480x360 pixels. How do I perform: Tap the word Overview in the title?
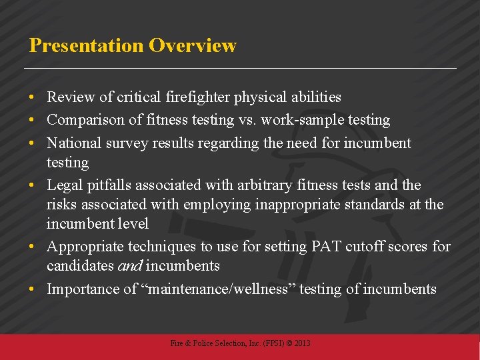(x=193, y=45)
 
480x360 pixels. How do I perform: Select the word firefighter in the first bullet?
(x=199, y=97)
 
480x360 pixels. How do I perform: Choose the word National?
(x=73, y=143)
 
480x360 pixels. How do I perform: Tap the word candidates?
(x=80, y=266)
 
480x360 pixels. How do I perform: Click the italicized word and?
(x=129, y=266)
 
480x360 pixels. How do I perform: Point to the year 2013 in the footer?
(x=301, y=343)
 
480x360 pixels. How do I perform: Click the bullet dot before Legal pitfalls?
(x=33, y=185)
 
